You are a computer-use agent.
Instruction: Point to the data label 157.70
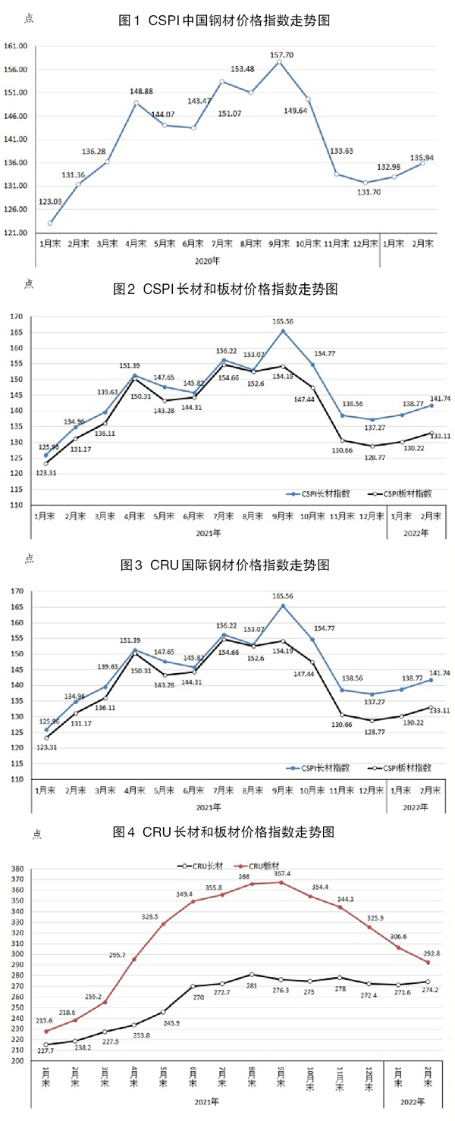coord(283,55)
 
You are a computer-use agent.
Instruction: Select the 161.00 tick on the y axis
coord(16,46)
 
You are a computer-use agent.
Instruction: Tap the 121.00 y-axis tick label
coord(16,232)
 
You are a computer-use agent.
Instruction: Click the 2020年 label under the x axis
coord(208,260)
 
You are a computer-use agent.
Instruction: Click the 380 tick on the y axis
coord(15,869)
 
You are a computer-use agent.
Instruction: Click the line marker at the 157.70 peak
coord(279,62)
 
